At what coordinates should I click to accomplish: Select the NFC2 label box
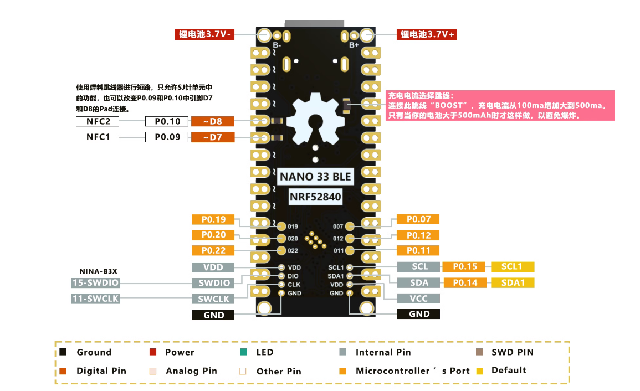click(97, 121)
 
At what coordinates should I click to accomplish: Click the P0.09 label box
click(167, 137)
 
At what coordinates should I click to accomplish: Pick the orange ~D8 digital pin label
click(212, 121)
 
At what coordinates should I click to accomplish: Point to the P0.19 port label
click(213, 219)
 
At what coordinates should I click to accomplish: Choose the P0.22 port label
click(213, 250)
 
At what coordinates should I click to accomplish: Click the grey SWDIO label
click(213, 283)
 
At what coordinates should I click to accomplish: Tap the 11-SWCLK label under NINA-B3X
click(96, 299)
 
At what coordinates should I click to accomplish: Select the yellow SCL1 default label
click(513, 266)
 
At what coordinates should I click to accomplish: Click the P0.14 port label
click(465, 283)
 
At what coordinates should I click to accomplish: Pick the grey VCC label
click(419, 298)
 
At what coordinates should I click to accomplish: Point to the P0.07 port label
click(418, 219)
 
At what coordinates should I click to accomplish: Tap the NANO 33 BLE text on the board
click(315, 177)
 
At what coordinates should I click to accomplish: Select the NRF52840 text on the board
click(315, 197)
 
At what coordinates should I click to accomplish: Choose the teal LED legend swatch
click(244, 352)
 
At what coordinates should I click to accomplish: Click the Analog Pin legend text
click(191, 371)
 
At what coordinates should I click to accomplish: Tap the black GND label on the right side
click(419, 314)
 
